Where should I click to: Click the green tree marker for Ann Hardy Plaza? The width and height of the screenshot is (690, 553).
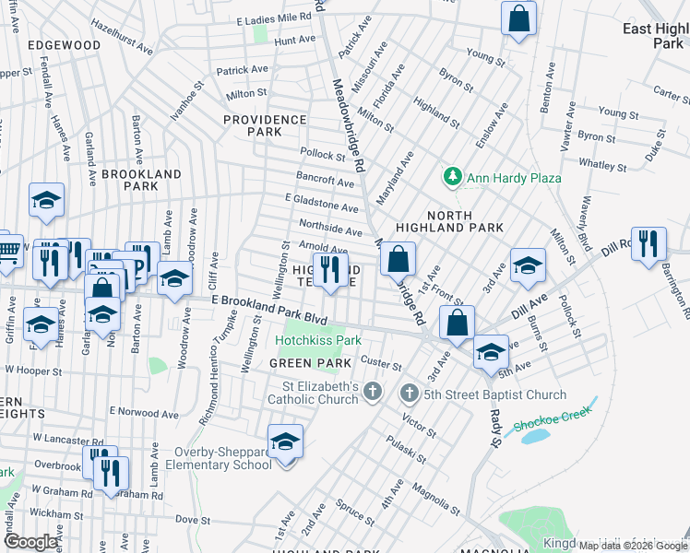452,176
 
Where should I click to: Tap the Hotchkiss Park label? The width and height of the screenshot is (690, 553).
317,340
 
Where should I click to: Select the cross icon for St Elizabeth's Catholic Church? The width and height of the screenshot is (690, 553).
372,393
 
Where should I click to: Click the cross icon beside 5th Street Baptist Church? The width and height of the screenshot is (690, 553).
410,394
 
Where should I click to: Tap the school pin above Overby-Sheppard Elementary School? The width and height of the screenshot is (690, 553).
286,441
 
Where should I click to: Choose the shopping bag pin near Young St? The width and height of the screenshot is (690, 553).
519,18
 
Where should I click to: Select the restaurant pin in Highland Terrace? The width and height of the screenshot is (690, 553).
328,268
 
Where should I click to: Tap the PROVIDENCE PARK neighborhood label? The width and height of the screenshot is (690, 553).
265,125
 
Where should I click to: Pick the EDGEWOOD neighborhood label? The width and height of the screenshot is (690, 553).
64,44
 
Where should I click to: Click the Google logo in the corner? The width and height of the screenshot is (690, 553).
30,542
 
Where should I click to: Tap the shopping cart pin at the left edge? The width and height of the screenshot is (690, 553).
7,250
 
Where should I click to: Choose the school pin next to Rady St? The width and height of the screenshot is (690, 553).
491,351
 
